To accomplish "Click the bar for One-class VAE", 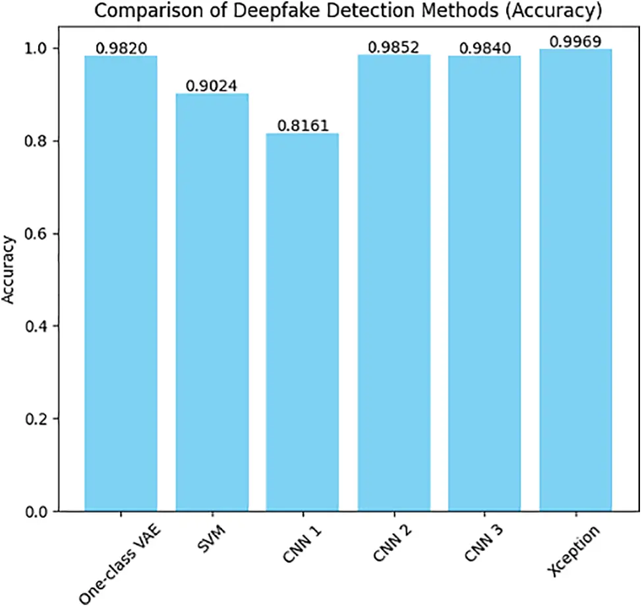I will click(121, 284).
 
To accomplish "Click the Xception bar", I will click(575, 280).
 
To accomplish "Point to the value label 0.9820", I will click(121, 48).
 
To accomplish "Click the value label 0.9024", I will click(212, 86).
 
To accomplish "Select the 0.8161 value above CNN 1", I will click(303, 125).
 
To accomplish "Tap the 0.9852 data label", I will click(394, 47).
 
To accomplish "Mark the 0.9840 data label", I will click(484, 48).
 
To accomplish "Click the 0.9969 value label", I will click(575, 42).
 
